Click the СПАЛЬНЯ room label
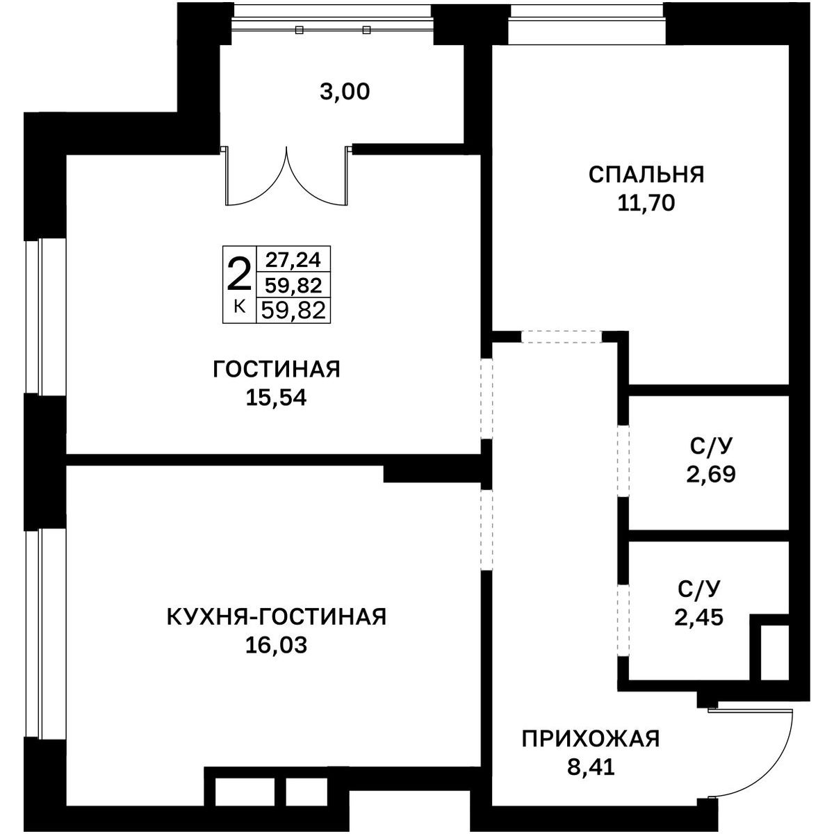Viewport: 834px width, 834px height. point(646,174)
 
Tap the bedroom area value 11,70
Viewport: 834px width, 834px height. point(646,203)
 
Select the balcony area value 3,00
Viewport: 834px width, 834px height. point(345,92)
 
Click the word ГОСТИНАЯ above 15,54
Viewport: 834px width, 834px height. point(277,370)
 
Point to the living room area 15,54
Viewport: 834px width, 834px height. point(276,398)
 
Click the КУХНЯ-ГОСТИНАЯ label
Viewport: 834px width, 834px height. point(277,616)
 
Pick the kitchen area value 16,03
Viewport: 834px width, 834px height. point(276,645)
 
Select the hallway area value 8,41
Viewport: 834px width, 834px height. point(591,767)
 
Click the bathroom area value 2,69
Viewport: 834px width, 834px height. point(711,474)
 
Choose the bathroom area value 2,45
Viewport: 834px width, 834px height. point(698,617)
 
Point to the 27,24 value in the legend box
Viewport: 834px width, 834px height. point(293,260)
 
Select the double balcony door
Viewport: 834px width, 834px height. point(286,176)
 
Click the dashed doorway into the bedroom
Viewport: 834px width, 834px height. point(562,336)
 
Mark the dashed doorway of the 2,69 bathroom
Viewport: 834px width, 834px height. point(623,461)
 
